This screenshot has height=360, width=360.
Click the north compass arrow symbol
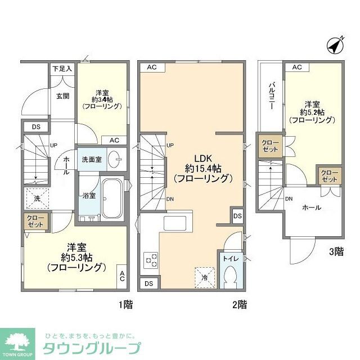coord(336,45)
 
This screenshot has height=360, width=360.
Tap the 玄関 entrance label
coord(62,96)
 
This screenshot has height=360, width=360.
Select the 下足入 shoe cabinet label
coord(62,69)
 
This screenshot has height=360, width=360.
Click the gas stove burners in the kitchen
coord(151,260)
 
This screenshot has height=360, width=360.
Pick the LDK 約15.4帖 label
coord(202,166)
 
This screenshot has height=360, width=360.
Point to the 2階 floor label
coord(238,305)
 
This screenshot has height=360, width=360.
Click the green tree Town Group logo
coord(20,341)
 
